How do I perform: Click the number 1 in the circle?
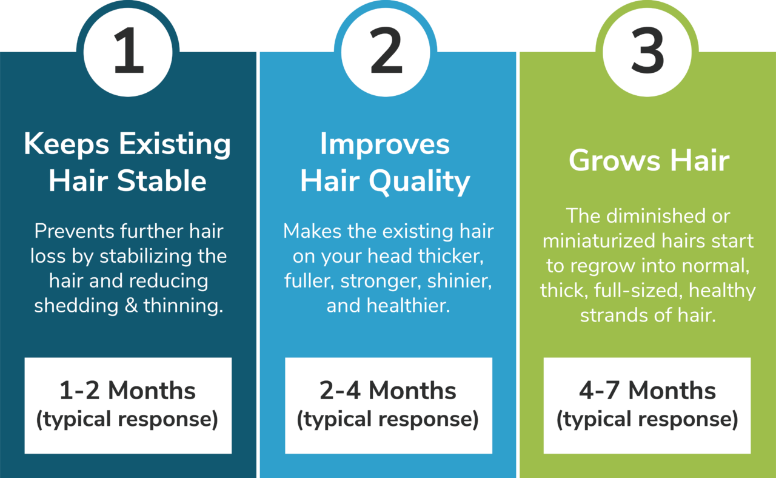129,53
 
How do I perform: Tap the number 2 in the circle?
386,53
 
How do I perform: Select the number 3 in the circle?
647,53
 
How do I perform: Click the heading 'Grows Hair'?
649,161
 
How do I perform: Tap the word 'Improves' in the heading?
385,144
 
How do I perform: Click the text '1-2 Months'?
127,391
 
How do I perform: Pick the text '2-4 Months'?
388,391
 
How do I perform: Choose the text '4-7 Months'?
647,391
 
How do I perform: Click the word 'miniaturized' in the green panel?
593,241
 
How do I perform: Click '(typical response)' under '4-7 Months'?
647,420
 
